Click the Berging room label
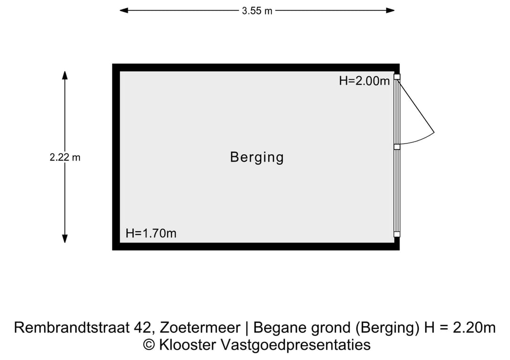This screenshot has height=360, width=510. [257, 158]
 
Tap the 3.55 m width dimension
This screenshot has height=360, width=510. [257, 11]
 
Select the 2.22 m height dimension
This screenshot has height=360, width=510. [65, 157]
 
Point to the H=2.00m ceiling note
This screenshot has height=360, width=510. [364, 81]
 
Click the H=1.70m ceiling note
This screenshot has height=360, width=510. [151, 233]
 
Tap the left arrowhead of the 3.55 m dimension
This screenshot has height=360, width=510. [124, 10]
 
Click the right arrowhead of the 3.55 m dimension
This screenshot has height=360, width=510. [391, 10]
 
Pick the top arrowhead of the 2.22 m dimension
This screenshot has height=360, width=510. [65, 75]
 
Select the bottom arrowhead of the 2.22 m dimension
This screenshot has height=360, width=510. [65, 238]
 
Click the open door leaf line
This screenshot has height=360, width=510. [416, 105]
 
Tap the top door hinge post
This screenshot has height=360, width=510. [397, 77]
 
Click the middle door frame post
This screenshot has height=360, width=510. [397, 147]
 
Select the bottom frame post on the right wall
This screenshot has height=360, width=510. [397, 234]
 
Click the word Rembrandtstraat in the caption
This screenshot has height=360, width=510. [72, 327]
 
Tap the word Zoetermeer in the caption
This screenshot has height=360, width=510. [200, 327]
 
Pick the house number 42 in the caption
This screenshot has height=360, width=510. [144, 327]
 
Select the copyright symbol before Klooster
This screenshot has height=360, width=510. [149, 345]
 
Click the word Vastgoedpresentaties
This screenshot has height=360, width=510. [296, 345]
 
